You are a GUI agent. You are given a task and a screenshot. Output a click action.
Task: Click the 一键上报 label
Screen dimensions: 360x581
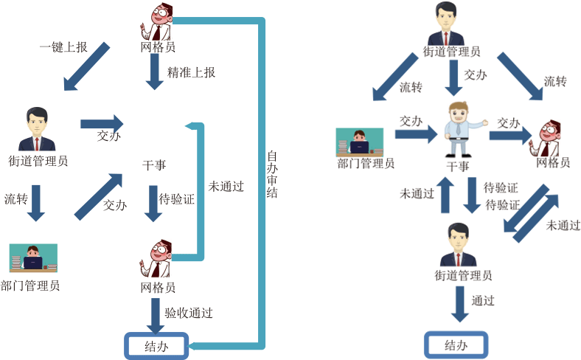63,47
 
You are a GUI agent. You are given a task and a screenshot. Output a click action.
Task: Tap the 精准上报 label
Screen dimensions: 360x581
191,72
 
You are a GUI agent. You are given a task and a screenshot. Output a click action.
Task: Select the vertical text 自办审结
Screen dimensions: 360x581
272,174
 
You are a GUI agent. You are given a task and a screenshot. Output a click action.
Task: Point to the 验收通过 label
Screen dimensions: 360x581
188,313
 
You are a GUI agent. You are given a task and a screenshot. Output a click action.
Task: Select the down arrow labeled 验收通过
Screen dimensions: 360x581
155,315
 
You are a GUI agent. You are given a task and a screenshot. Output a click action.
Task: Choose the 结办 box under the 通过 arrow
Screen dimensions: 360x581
456,345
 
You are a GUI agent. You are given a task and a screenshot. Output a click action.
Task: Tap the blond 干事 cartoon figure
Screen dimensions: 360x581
459,129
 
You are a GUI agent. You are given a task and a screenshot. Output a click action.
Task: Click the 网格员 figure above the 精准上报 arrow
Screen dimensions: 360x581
157,22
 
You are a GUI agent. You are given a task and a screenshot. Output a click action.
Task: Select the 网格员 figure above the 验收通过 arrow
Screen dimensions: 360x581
157,259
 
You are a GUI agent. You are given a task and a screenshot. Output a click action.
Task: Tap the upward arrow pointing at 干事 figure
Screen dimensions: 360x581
445,195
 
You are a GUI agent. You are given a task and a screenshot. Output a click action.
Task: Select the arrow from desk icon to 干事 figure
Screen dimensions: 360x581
416,134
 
